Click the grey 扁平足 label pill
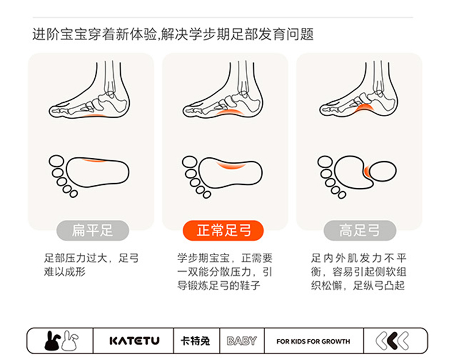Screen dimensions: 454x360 click(x=93, y=230)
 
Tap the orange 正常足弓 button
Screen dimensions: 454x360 click(x=223, y=230)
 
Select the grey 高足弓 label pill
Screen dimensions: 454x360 click(x=360, y=230)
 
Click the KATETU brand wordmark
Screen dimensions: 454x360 click(x=134, y=340)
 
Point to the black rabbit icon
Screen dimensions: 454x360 click(x=52, y=341)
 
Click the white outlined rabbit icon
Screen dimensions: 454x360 click(x=70, y=340)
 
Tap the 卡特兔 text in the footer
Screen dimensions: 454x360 click(x=195, y=341)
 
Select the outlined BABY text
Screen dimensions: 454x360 click(x=242, y=341)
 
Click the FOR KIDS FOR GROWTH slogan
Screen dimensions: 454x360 click(x=313, y=342)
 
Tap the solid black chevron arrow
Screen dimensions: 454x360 click(x=393, y=340)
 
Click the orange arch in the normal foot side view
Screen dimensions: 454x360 click(x=230, y=113)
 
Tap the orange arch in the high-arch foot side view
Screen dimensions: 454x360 click(x=364, y=109)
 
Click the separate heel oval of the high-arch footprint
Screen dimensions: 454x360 click(x=383, y=171)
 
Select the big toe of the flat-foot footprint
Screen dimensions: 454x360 click(x=56, y=161)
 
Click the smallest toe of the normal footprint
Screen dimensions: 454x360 click(x=207, y=195)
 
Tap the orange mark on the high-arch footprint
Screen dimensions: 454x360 click(x=367, y=171)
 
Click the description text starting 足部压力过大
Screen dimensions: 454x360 click(x=91, y=265)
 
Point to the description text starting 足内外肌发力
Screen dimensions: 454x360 click(x=359, y=272)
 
